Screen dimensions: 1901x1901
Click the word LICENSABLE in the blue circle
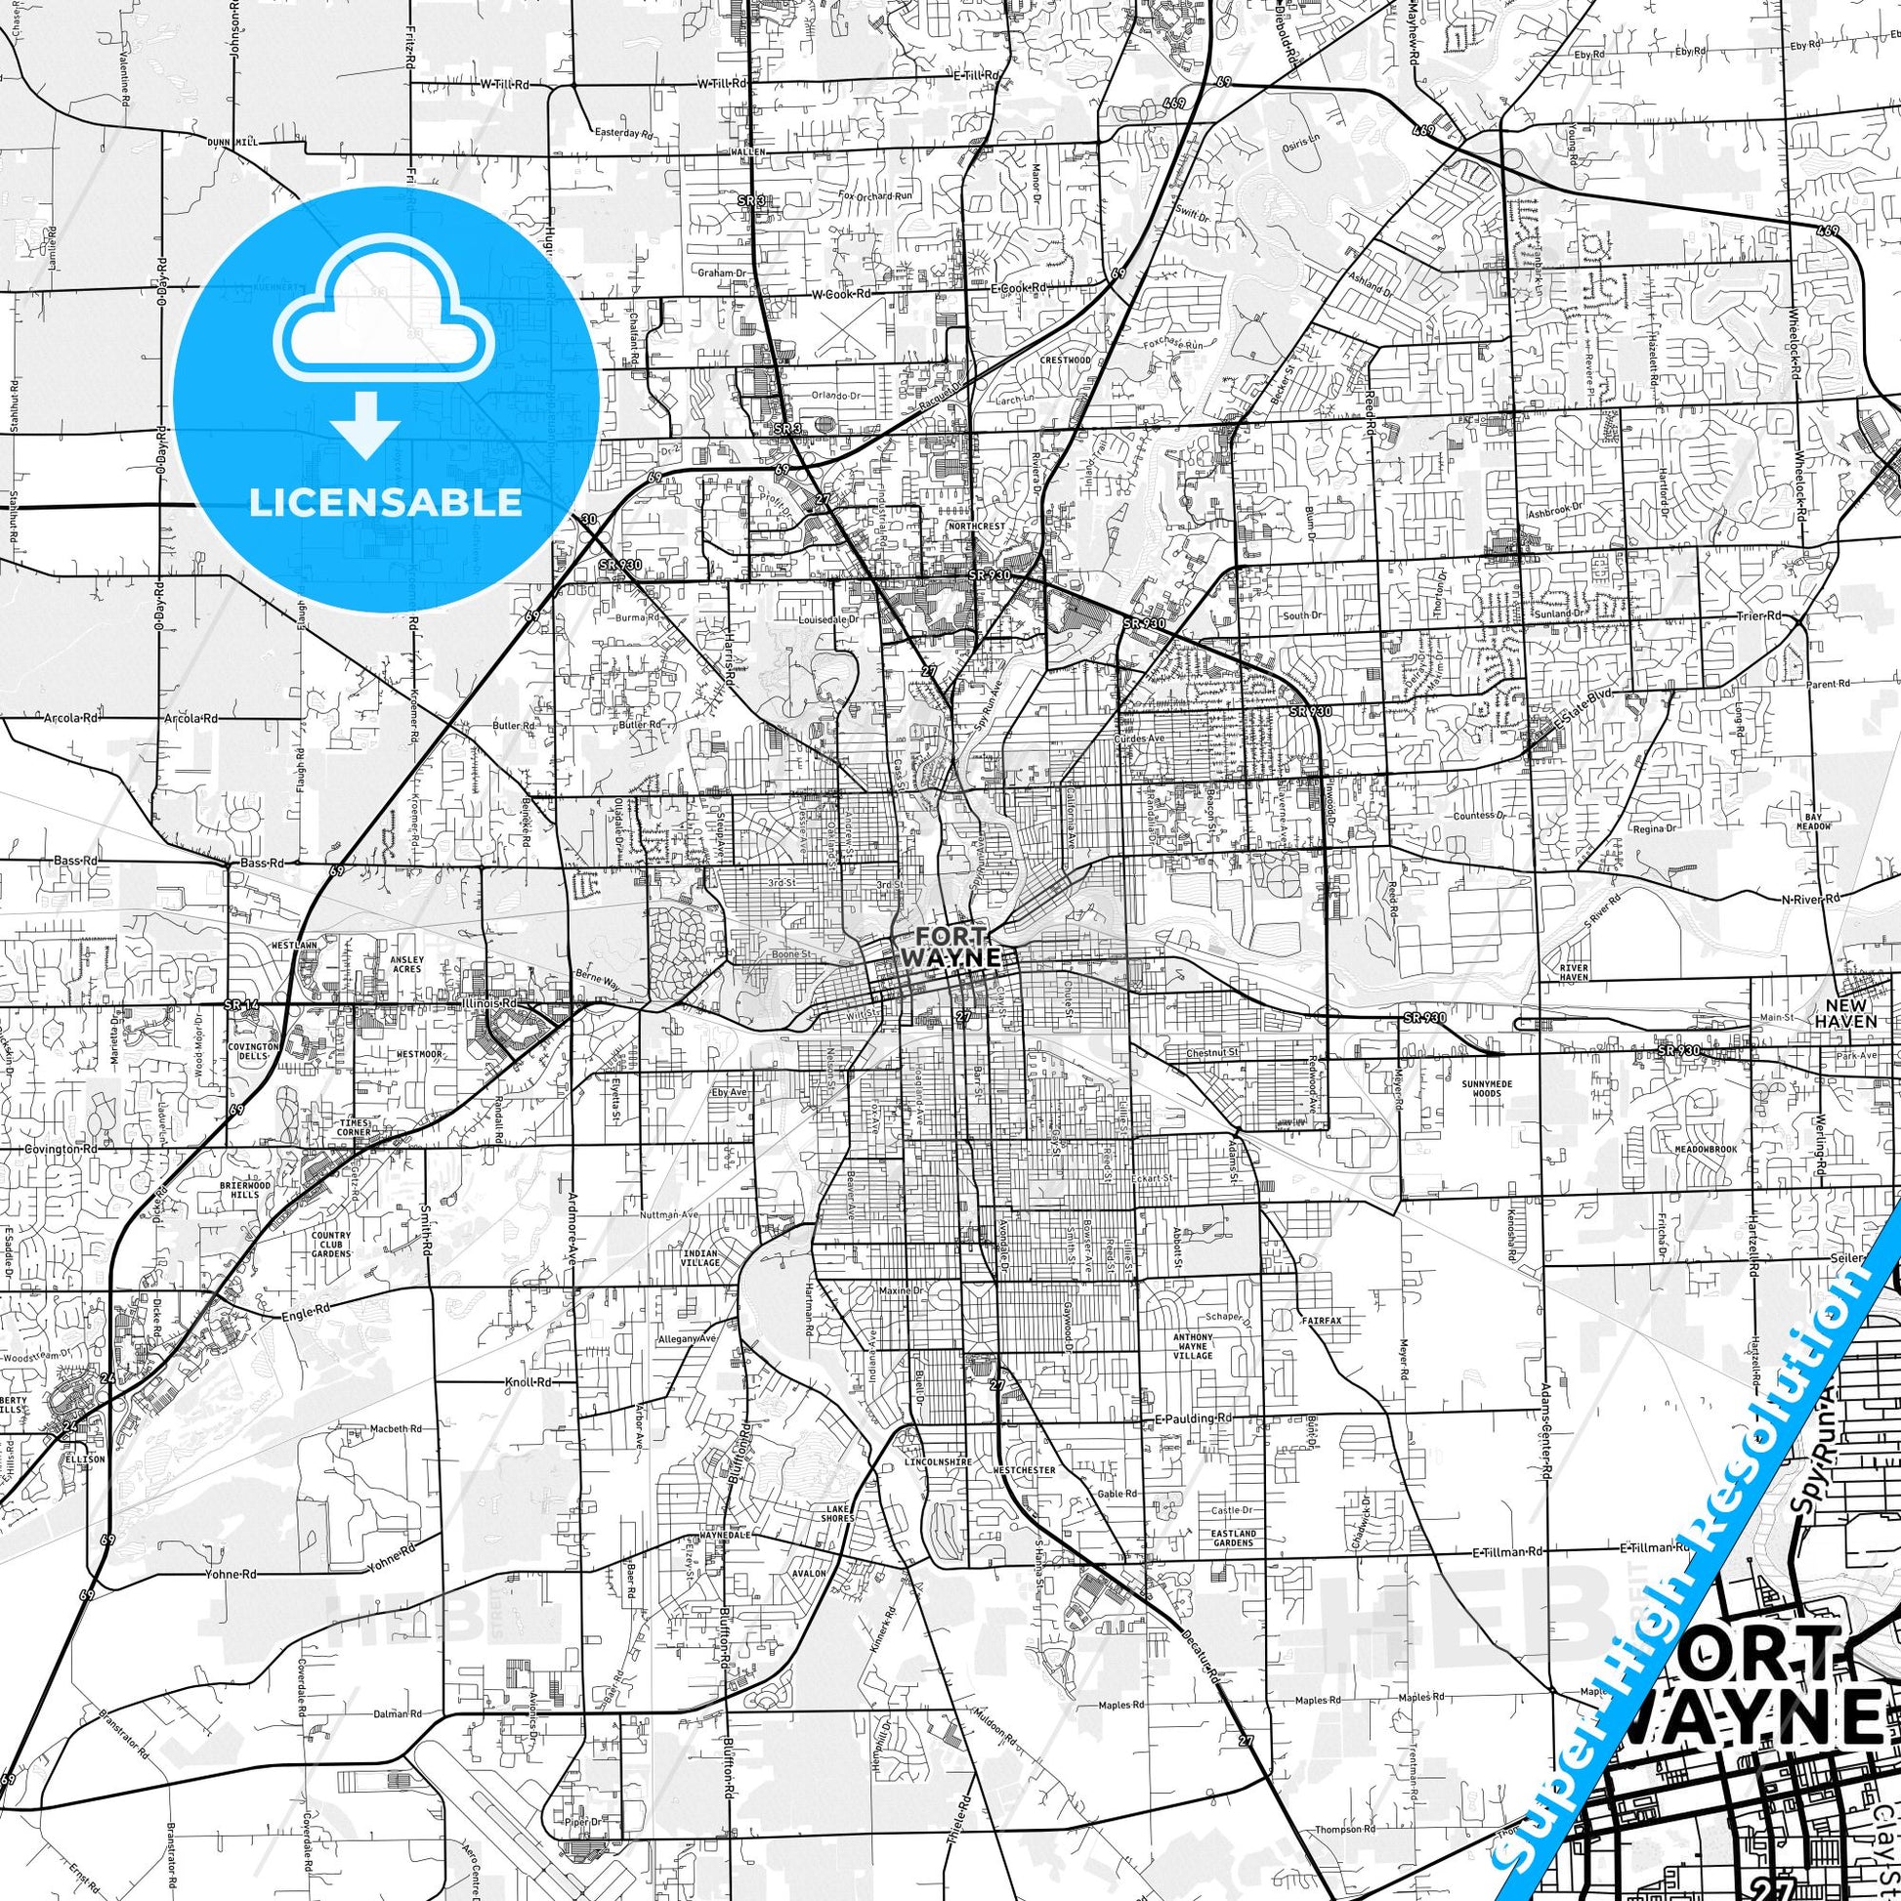pyautogui.click(x=385, y=502)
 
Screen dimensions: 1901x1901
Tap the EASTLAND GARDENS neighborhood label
pyautogui.click(x=1233, y=1538)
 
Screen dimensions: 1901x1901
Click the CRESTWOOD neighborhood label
pyautogui.click(x=1066, y=360)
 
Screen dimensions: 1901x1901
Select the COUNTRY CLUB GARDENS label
pyautogui.click(x=330, y=1245)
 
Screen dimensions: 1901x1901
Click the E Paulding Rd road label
pyautogui.click(x=1191, y=1417)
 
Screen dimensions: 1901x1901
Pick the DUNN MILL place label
pyautogui.click(x=232, y=143)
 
